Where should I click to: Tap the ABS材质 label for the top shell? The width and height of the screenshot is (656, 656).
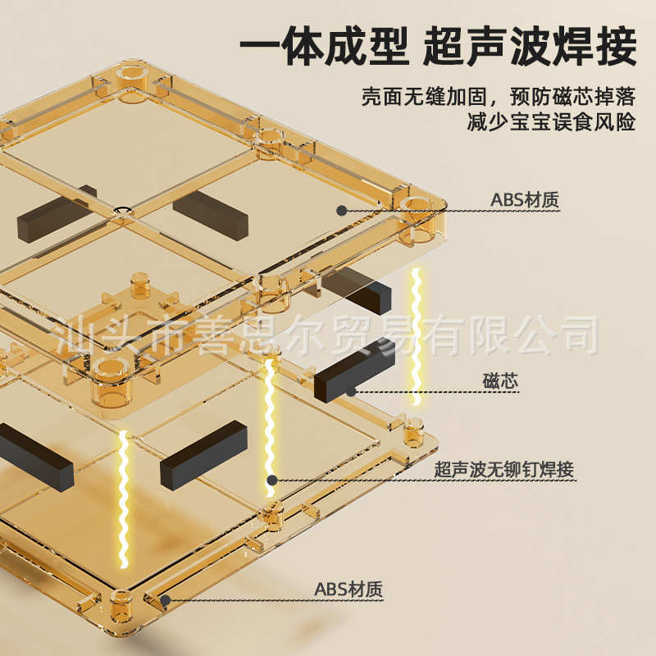pyautogui.click(x=525, y=199)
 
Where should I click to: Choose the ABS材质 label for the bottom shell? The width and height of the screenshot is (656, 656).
pyautogui.click(x=348, y=589)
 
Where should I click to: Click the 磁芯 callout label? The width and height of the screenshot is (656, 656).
pyautogui.click(x=501, y=380)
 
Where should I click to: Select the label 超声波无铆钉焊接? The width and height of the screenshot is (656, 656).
pyautogui.click(x=503, y=470)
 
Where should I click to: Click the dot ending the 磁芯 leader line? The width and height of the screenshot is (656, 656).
pyautogui.click(x=351, y=391)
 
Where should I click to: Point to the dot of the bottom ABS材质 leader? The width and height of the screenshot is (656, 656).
pyautogui.click(x=165, y=599)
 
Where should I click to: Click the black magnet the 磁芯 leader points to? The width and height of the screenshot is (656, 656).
pyautogui.click(x=354, y=371)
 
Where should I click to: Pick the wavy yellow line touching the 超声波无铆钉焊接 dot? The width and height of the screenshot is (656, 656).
pyautogui.click(x=268, y=426)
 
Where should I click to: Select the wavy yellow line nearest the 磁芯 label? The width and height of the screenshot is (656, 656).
pyautogui.click(x=417, y=336)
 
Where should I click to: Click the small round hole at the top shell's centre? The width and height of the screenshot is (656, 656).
pyautogui.click(x=121, y=212)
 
